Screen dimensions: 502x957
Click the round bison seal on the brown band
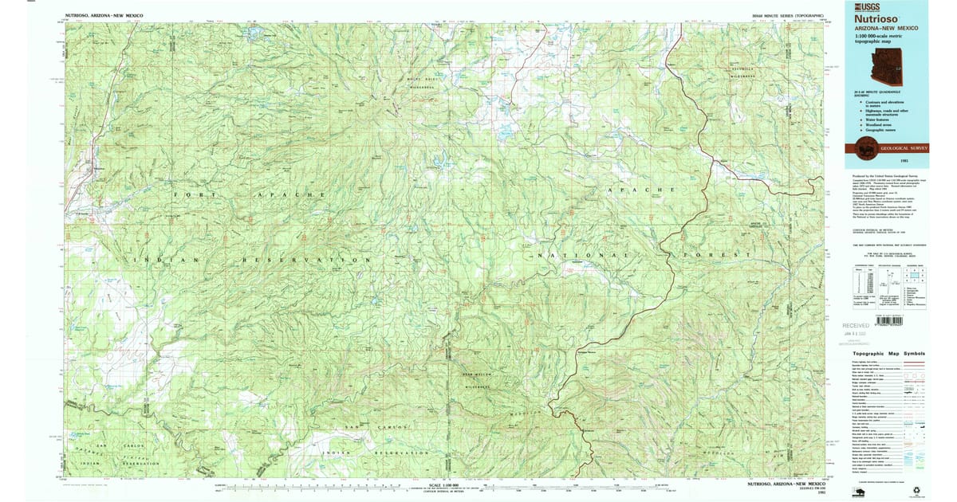(864, 147)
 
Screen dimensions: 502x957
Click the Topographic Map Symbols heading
(888, 353)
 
